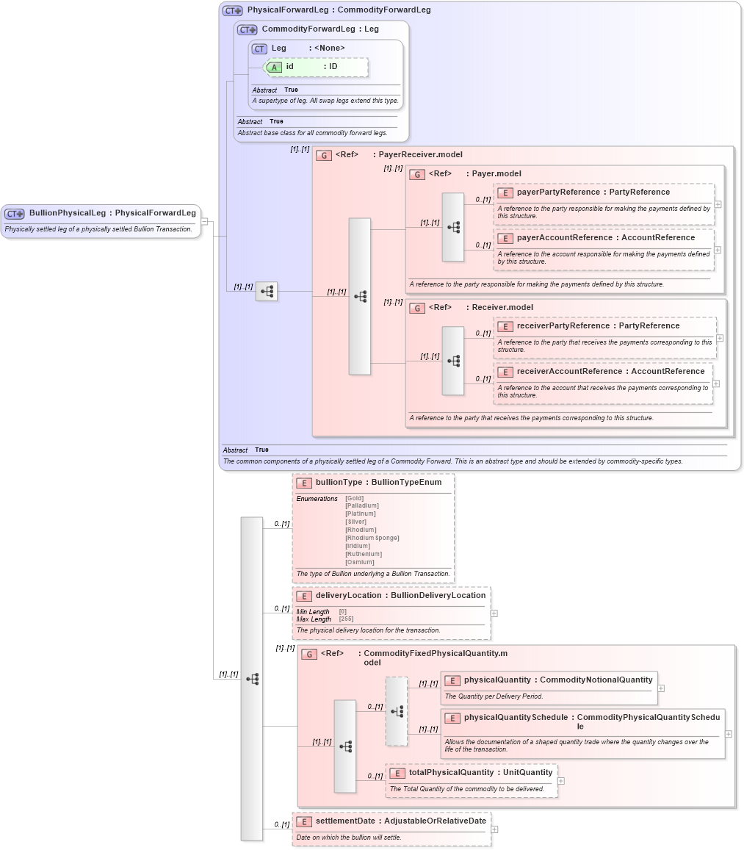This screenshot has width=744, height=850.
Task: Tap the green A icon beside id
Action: click(x=274, y=67)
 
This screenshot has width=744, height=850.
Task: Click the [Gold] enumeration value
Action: click(x=354, y=498)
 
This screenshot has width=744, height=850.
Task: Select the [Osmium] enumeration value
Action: click(x=359, y=562)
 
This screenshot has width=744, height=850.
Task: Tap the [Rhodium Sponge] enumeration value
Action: click(x=372, y=538)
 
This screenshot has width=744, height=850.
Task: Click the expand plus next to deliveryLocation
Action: click(x=494, y=613)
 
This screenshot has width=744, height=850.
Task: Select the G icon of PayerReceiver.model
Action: click(x=324, y=155)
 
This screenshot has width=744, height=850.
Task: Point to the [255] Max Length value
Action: click(x=345, y=619)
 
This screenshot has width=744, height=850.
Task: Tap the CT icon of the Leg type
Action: click(x=259, y=48)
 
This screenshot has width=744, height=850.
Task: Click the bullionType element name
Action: click(x=339, y=483)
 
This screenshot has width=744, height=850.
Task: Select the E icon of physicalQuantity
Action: click(x=452, y=681)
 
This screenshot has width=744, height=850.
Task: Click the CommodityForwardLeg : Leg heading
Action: click(x=320, y=29)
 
